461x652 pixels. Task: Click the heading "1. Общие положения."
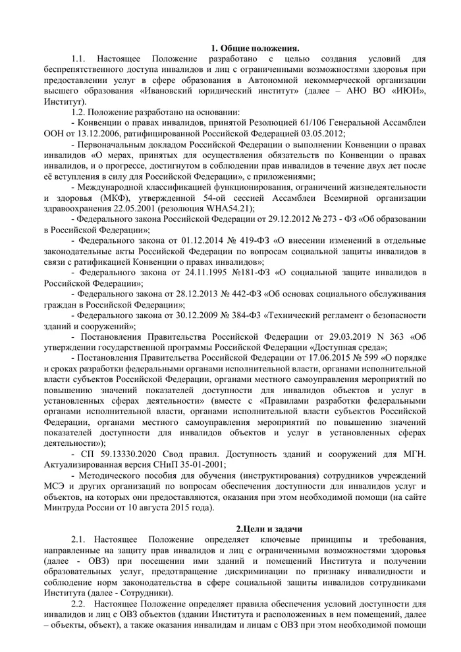[x=255, y=48]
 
